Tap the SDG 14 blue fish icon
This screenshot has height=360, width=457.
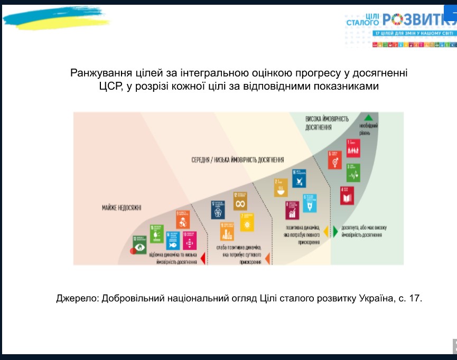172,241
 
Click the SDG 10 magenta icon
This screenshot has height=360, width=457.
189,241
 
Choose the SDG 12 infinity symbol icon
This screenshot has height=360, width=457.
241,201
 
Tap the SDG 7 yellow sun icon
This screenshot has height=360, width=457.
247,222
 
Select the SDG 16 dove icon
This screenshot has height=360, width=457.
299,178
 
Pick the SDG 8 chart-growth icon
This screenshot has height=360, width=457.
292,210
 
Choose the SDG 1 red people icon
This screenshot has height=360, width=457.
353,148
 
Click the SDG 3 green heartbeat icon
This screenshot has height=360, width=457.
353,172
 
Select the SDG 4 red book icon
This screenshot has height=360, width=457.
347,195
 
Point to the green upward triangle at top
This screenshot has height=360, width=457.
368,118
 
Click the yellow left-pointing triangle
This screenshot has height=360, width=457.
326,232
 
